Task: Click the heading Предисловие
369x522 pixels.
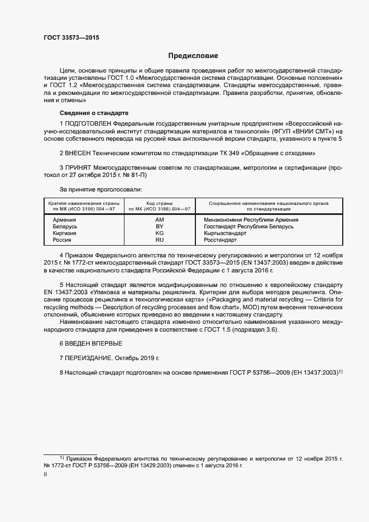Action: (194, 56)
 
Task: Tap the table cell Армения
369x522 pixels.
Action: (64, 220)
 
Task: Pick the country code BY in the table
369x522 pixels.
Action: (160, 227)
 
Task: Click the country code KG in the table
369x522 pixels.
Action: (160, 233)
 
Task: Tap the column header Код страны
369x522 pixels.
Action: (160, 203)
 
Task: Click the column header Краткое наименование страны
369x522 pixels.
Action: (82, 203)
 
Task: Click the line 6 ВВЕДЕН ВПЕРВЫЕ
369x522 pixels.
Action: (90, 342)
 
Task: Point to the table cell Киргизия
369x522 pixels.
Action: (64, 233)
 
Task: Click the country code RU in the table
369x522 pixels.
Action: (160, 240)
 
